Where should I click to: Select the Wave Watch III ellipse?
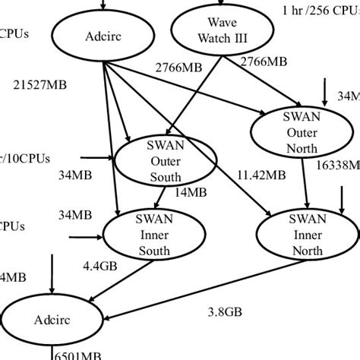(217, 29)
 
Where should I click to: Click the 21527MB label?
(39, 85)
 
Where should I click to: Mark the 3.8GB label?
(225, 311)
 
